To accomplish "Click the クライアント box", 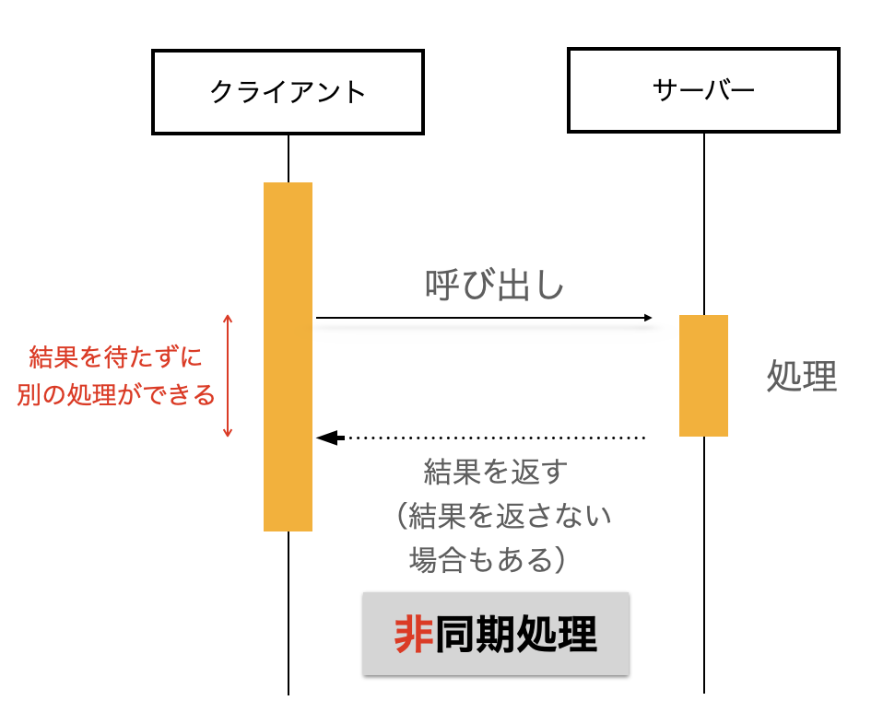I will click(x=288, y=91).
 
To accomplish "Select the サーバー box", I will click(x=703, y=90).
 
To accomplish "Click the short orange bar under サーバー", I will click(x=703, y=375).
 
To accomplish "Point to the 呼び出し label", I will click(x=494, y=286).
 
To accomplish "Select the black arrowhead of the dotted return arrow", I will click(x=324, y=438).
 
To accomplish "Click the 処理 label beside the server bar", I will click(x=802, y=377).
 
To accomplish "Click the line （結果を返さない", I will click(x=498, y=516).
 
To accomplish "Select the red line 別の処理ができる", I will click(x=116, y=395).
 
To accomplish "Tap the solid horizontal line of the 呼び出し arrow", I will click(x=479, y=319).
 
